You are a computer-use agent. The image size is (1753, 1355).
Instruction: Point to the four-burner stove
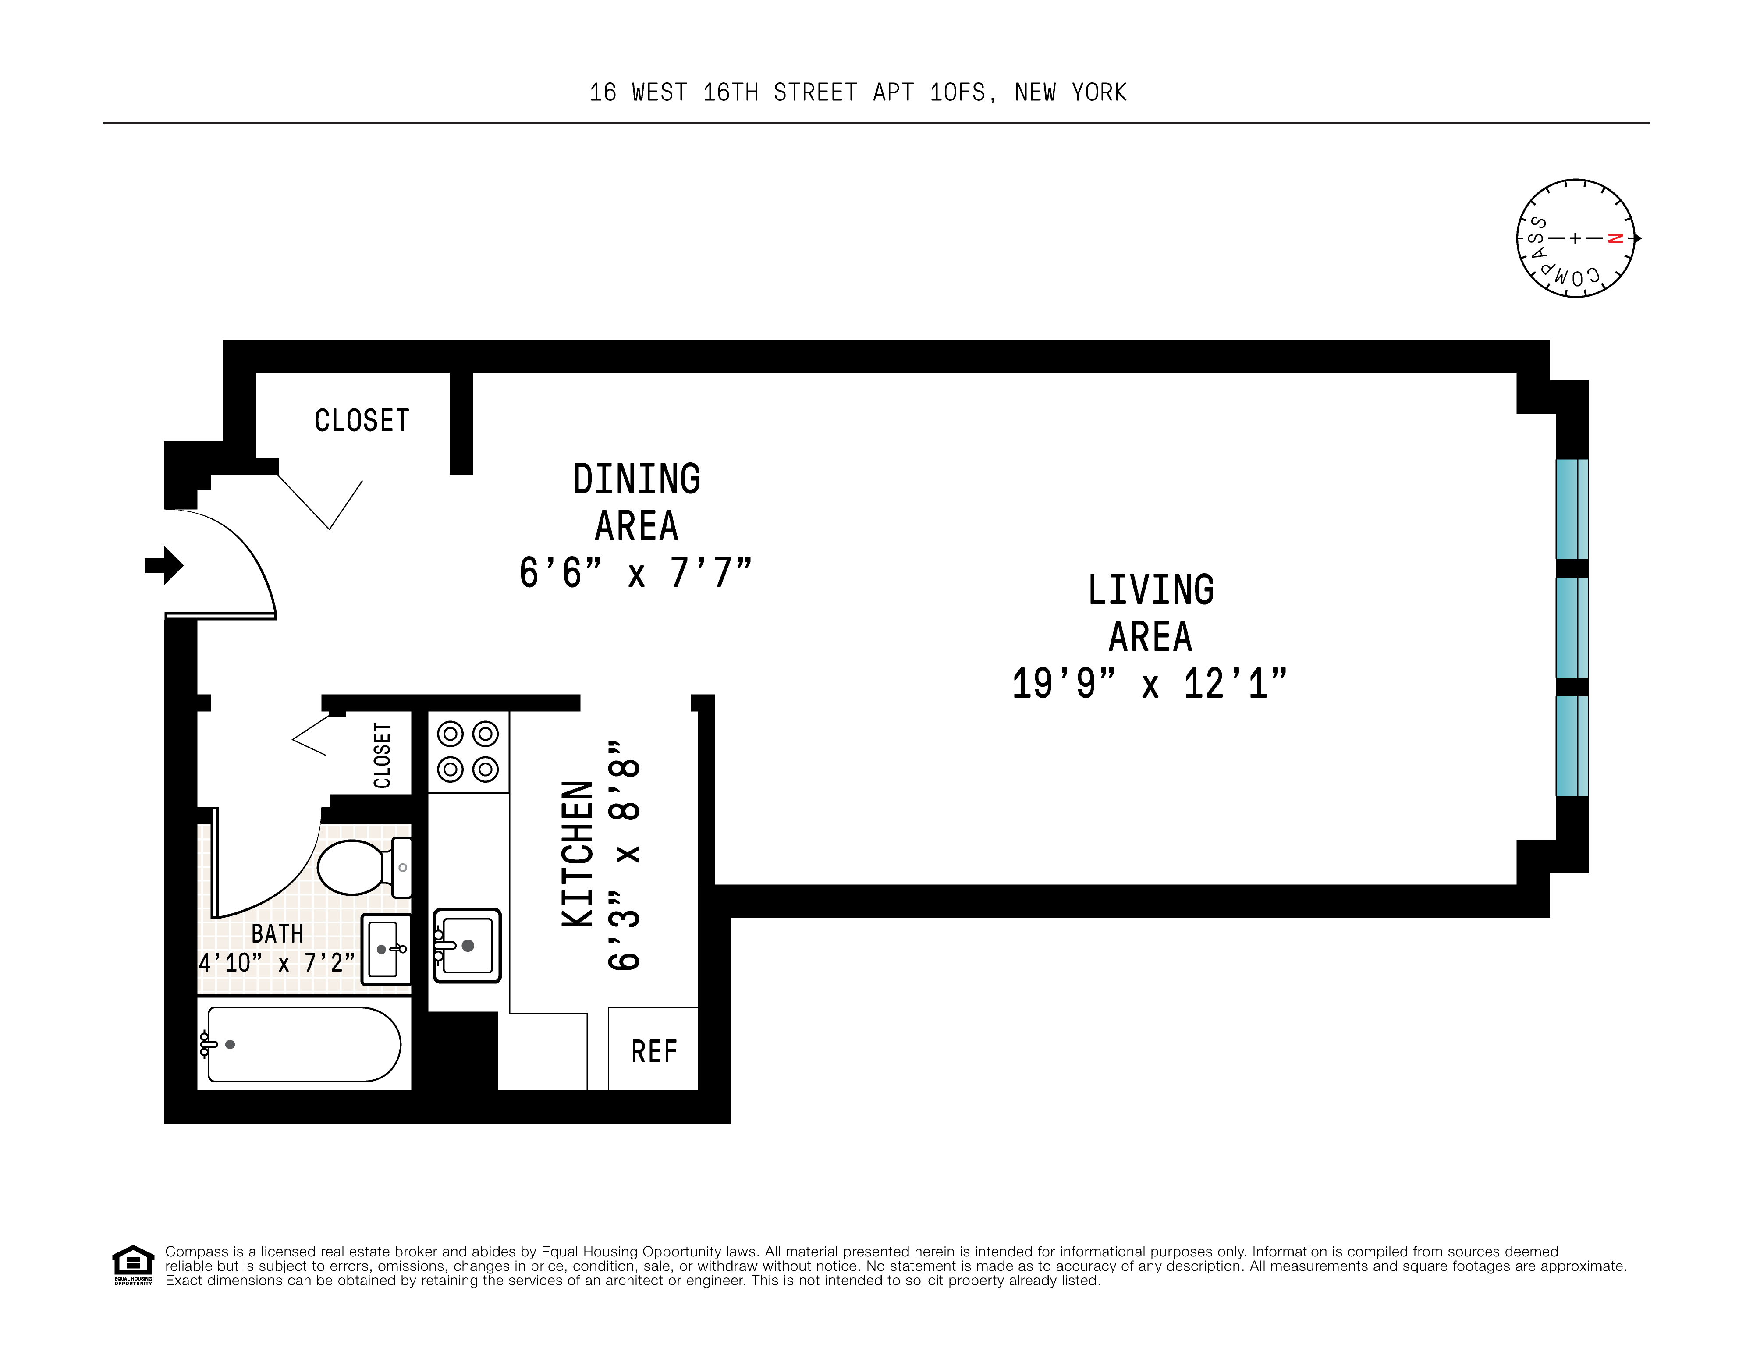pyautogui.click(x=468, y=752)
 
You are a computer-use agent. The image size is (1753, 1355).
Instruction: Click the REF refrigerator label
pyautogui.click(x=653, y=1052)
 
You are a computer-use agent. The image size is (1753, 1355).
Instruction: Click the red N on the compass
pyautogui.click(x=1616, y=238)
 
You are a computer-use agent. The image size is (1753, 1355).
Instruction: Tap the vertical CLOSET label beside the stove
pyautogui.click(x=382, y=756)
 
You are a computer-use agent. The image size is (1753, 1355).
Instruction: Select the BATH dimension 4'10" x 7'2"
pyautogui.click(x=276, y=962)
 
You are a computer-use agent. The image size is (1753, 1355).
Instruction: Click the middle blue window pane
pyautogui.click(x=1572, y=628)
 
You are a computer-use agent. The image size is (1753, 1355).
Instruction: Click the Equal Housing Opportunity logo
pyautogui.click(x=132, y=1264)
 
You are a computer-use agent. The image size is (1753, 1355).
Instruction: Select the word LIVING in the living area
pyautogui.click(x=1150, y=590)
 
